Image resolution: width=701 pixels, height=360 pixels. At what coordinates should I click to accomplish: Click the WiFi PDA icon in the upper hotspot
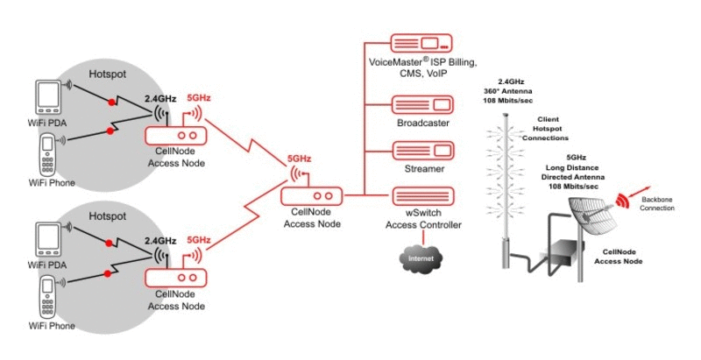click(47, 97)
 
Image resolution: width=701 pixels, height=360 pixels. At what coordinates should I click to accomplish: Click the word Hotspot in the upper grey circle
click(107, 74)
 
